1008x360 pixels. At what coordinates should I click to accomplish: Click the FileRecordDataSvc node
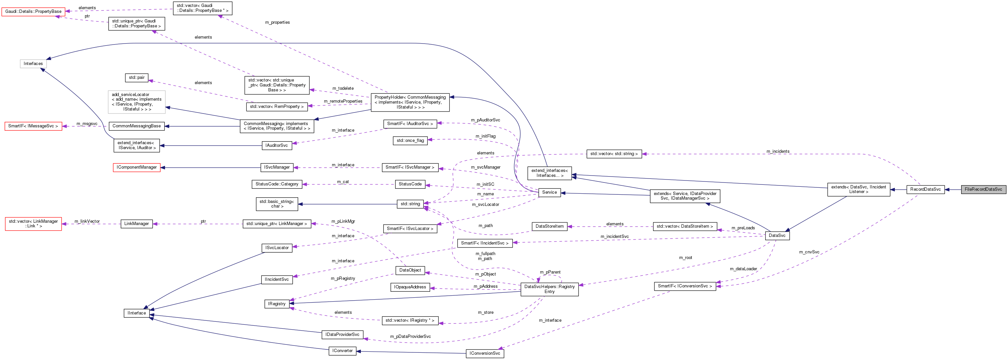coord(983,189)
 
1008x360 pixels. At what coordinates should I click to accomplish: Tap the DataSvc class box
coord(777,236)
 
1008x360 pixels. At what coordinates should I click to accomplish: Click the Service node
coord(550,192)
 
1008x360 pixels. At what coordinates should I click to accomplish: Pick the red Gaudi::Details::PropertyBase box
coord(33,11)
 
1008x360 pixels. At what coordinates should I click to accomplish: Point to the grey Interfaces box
coord(33,63)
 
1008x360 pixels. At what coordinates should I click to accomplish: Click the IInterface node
coord(137,313)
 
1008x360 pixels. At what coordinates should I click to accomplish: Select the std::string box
coord(410,204)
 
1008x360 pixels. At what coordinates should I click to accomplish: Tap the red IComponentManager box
coord(137,168)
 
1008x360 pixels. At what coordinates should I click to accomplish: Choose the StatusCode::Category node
coord(277,184)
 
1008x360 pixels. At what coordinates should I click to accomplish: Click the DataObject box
coord(410,270)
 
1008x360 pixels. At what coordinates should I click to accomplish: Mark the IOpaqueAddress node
coord(410,287)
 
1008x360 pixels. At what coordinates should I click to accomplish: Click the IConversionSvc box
coord(485,353)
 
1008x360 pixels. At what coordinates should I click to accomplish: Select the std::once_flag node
coord(410,141)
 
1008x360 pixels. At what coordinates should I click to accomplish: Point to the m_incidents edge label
coord(777,151)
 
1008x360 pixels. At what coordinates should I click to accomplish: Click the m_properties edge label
coord(277,22)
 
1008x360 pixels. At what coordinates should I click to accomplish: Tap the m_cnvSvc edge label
coord(809,252)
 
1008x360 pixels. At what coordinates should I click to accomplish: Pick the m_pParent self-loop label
coord(550,272)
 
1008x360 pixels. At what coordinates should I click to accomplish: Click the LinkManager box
coord(137,224)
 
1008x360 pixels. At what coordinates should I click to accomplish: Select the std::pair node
coord(137,78)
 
